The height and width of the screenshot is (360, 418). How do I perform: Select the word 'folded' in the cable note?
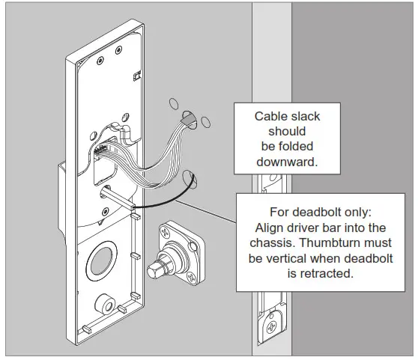point(307,147)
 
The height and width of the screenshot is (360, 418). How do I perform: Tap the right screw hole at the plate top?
point(118,51)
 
